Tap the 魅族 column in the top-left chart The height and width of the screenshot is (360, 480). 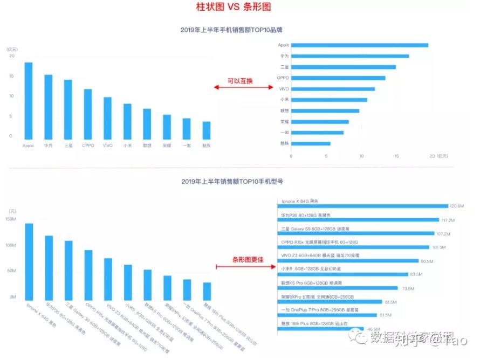(x=207, y=130)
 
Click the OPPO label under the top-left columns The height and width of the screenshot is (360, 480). (x=88, y=146)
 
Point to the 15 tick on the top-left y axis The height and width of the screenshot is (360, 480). (x=11, y=76)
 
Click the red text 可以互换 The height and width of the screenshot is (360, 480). (x=240, y=81)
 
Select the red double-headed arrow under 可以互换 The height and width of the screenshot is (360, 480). (x=241, y=87)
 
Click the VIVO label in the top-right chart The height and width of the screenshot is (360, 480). (x=284, y=89)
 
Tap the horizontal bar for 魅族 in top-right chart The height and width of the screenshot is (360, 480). (x=311, y=143)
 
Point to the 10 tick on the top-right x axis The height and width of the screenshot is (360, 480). (x=361, y=156)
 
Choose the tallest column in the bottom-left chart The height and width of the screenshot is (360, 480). (x=29, y=261)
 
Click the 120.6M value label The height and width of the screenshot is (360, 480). (x=457, y=206)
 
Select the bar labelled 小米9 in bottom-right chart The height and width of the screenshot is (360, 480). (x=345, y=274)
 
